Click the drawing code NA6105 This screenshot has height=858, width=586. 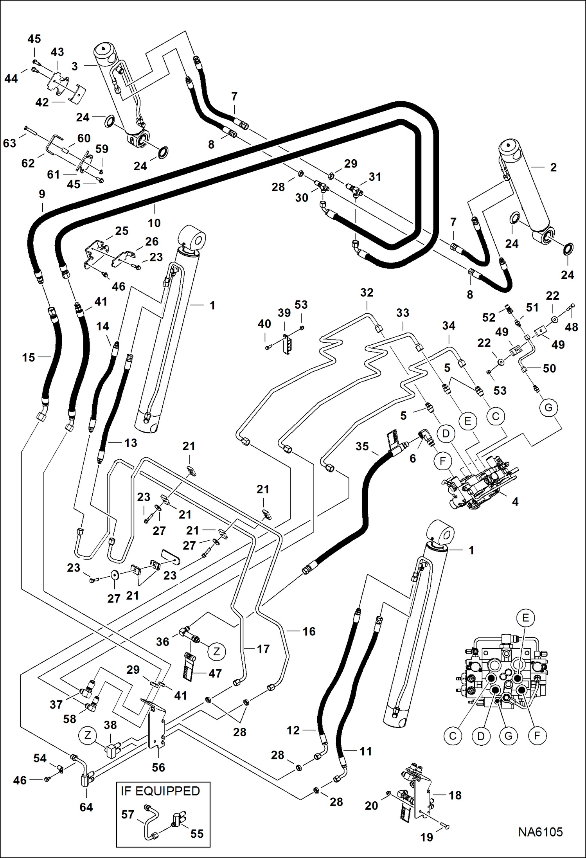[540, 832]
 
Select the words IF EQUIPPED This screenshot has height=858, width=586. [160, 791]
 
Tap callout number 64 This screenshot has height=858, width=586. [86, 807]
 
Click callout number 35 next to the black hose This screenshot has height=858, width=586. [362, 446]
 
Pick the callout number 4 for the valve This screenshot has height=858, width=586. [515, 502]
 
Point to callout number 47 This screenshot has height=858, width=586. [215, 673]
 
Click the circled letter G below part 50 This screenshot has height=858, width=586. [548, 408]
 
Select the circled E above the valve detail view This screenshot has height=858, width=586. [525, 618]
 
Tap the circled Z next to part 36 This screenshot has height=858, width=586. [216, 651]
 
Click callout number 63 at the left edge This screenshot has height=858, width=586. [9, 143]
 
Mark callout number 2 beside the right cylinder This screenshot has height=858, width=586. [553, 167]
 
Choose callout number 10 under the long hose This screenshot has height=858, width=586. [154, 223]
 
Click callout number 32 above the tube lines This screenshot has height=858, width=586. [367, 292]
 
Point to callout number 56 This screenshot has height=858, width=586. [158, 767]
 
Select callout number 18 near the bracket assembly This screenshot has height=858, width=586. [455, 795]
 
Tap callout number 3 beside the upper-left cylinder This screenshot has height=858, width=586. [75, 66]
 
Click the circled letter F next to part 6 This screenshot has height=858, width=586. [443, 461]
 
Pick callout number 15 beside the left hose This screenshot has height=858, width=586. [28, 357]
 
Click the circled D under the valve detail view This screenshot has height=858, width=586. [481, 736]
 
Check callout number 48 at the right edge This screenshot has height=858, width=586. [571, 327]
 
